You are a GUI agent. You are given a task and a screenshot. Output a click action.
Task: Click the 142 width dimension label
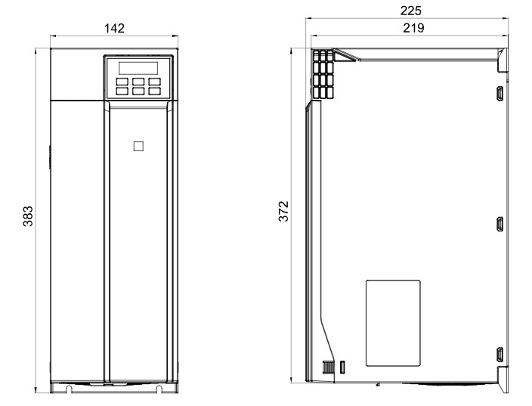click(114, 28)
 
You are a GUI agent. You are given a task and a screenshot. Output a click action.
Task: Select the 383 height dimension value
click(28, 216)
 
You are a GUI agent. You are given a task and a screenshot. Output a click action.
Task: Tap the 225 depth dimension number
click(411, 11)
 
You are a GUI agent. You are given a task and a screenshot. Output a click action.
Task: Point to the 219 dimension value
click(413, 28)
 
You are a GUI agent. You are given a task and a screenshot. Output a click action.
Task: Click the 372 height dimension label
click(283, 211)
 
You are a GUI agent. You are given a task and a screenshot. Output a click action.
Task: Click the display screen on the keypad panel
click(138, 68)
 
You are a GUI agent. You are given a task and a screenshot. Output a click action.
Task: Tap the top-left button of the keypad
click(122, 82)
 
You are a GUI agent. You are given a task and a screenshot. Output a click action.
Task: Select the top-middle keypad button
click(138, 82)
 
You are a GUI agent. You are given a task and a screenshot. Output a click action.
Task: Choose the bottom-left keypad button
click(122, 91)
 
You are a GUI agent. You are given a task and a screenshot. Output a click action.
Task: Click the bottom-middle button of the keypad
click(138, 91)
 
